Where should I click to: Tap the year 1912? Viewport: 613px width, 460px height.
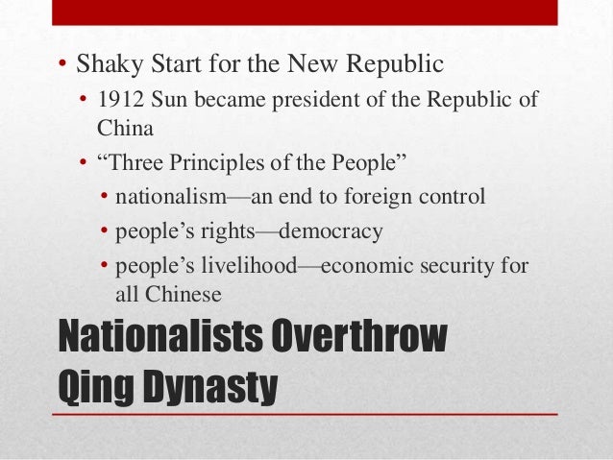(x=120, y=101)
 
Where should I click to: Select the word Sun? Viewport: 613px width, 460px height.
(x=168, y=101)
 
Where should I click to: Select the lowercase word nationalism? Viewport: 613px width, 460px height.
(x=168, y=198)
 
